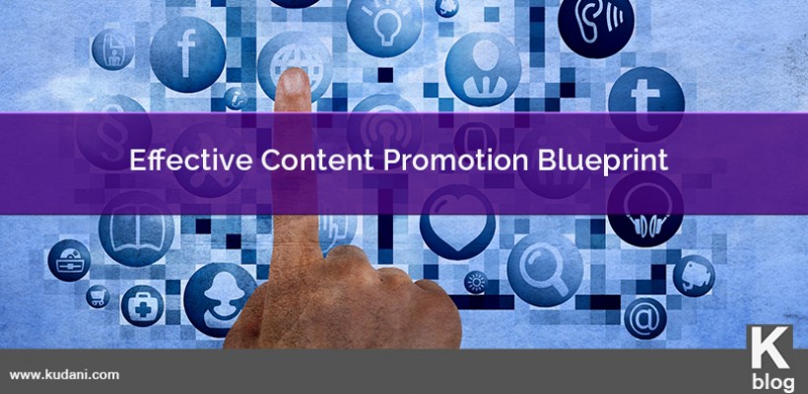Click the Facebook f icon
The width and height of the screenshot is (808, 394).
187,54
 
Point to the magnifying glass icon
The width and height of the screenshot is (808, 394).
545,269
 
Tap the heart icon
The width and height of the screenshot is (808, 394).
457,222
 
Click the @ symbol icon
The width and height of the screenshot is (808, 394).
645,318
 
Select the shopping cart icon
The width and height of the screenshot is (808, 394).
98,296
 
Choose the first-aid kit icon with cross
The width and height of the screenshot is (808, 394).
143,306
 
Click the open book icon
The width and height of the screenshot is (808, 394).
137,230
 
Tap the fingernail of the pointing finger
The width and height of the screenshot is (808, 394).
294,82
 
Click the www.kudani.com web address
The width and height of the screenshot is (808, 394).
64,375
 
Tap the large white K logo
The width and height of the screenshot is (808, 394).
770,347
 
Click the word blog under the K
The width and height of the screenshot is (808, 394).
772,381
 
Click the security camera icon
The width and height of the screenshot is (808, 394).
694,276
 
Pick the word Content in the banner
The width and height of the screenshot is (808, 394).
318,161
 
